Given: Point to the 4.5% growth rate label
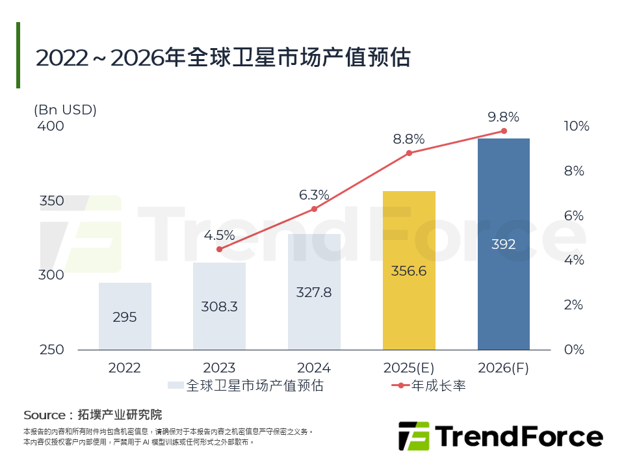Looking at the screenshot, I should [219, 235].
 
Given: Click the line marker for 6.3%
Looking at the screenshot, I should [314, 209].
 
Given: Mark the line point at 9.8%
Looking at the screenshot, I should [504, 131].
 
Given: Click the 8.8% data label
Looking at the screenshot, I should [409, 139].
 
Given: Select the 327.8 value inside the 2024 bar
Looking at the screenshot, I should [314, 292].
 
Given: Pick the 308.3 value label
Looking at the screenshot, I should [219, 307].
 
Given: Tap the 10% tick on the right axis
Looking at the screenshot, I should [576, 126].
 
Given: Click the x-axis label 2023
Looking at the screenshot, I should [219, 368].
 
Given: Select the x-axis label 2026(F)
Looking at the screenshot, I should [504, 368].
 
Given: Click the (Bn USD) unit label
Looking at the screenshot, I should [65, 110].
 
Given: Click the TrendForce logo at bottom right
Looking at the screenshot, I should [500, 436].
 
